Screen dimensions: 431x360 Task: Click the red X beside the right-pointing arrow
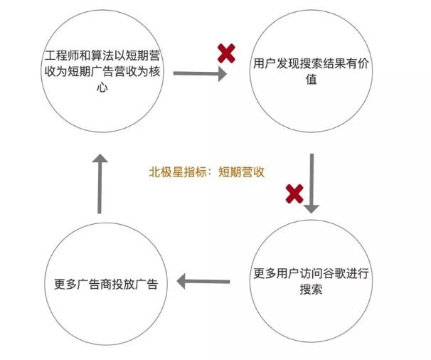(226, 52)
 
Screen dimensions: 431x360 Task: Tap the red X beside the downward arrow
(294, 193)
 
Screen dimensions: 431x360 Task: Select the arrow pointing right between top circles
(199, 73)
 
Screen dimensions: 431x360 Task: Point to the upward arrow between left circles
(100, 185)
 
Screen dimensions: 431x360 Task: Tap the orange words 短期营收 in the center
(241, 171)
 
